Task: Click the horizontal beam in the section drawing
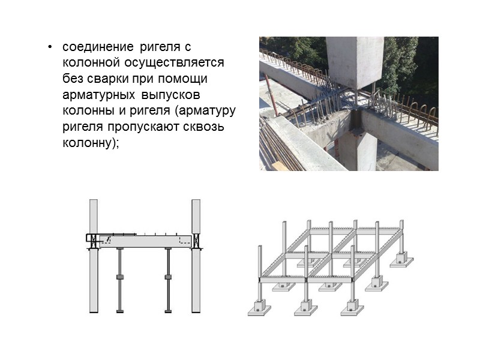(144, 242)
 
